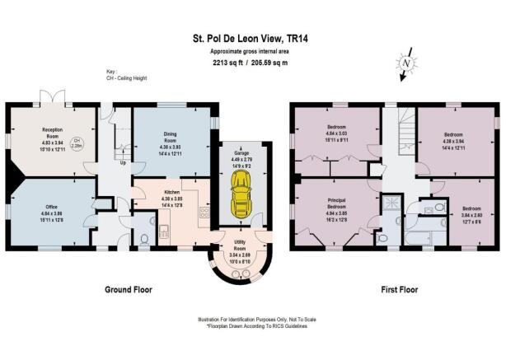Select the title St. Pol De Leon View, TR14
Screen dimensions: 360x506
click(252, 37)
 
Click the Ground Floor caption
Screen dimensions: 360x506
click(128, 290)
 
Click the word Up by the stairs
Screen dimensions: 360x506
click(124, 162)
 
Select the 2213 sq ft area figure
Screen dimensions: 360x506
click(228, 62)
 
